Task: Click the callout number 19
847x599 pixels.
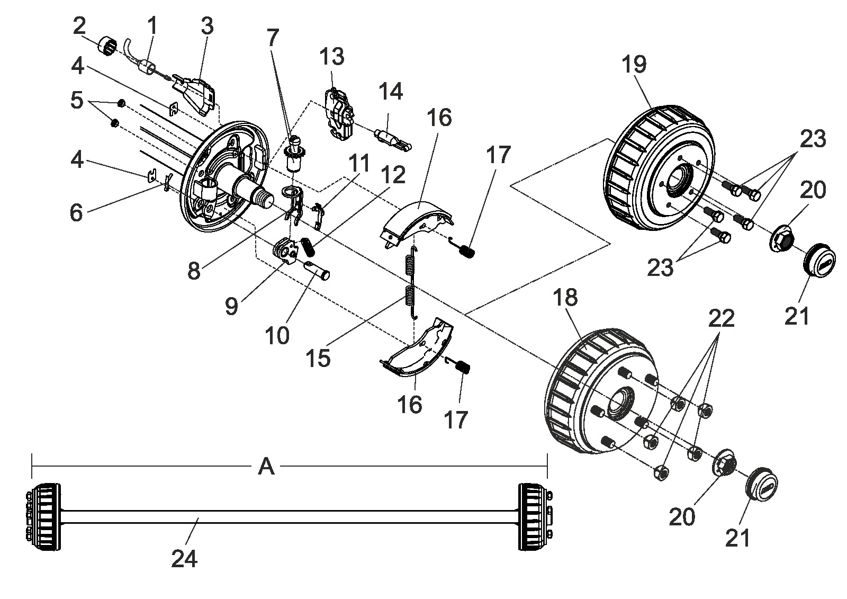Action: pyautogui.click(x=634, y=64)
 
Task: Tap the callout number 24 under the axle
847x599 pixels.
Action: pyautogui.click(x=184, y=559)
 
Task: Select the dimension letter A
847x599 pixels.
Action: pyautogui.click(x=266, y=467)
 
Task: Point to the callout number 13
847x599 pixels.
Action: pyautogui.click(x=331, y=57)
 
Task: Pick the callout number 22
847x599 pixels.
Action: pyautogui.click(x=721, y=318)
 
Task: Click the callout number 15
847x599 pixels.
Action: pyautogui.click(x=318, y=358)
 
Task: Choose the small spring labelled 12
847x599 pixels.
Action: pyautogui.click(x=309, y=246)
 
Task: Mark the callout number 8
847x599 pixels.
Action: pyautogui.click(x=194, y=271)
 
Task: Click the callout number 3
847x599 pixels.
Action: pyautogui.click(x=207, y=26)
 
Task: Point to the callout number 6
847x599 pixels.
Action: pyautogui.click(x=76, y=213)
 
